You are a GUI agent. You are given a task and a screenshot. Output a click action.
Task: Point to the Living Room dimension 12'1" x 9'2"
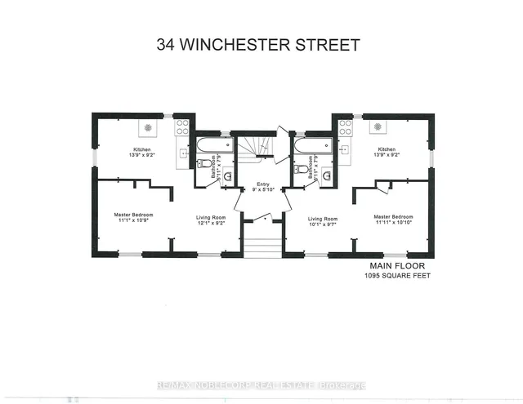pos(211,223)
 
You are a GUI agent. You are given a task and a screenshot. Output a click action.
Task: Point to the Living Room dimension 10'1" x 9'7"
pos(321,223)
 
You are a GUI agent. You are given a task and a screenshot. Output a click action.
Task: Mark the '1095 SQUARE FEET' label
pos(397,276)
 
